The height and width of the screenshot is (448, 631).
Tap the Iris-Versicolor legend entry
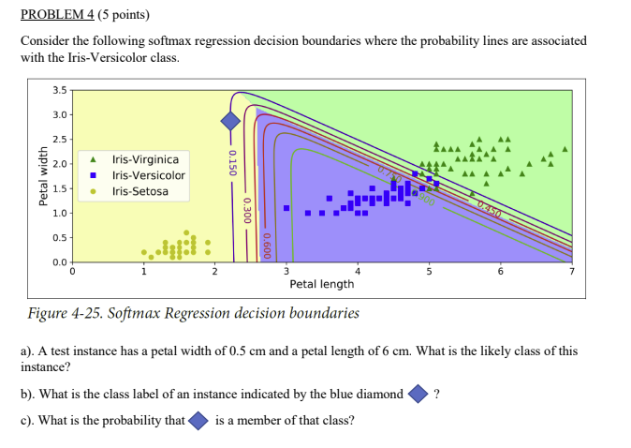148,175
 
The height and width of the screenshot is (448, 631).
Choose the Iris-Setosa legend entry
139,191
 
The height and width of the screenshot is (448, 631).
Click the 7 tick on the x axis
572,272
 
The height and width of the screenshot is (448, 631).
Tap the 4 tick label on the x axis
358,272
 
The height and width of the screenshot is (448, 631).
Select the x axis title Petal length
321,284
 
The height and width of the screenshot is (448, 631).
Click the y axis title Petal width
40,176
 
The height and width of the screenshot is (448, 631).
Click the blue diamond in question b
418,395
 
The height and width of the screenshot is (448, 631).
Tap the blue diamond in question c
198,421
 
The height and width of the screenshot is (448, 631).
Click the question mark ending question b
437,395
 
